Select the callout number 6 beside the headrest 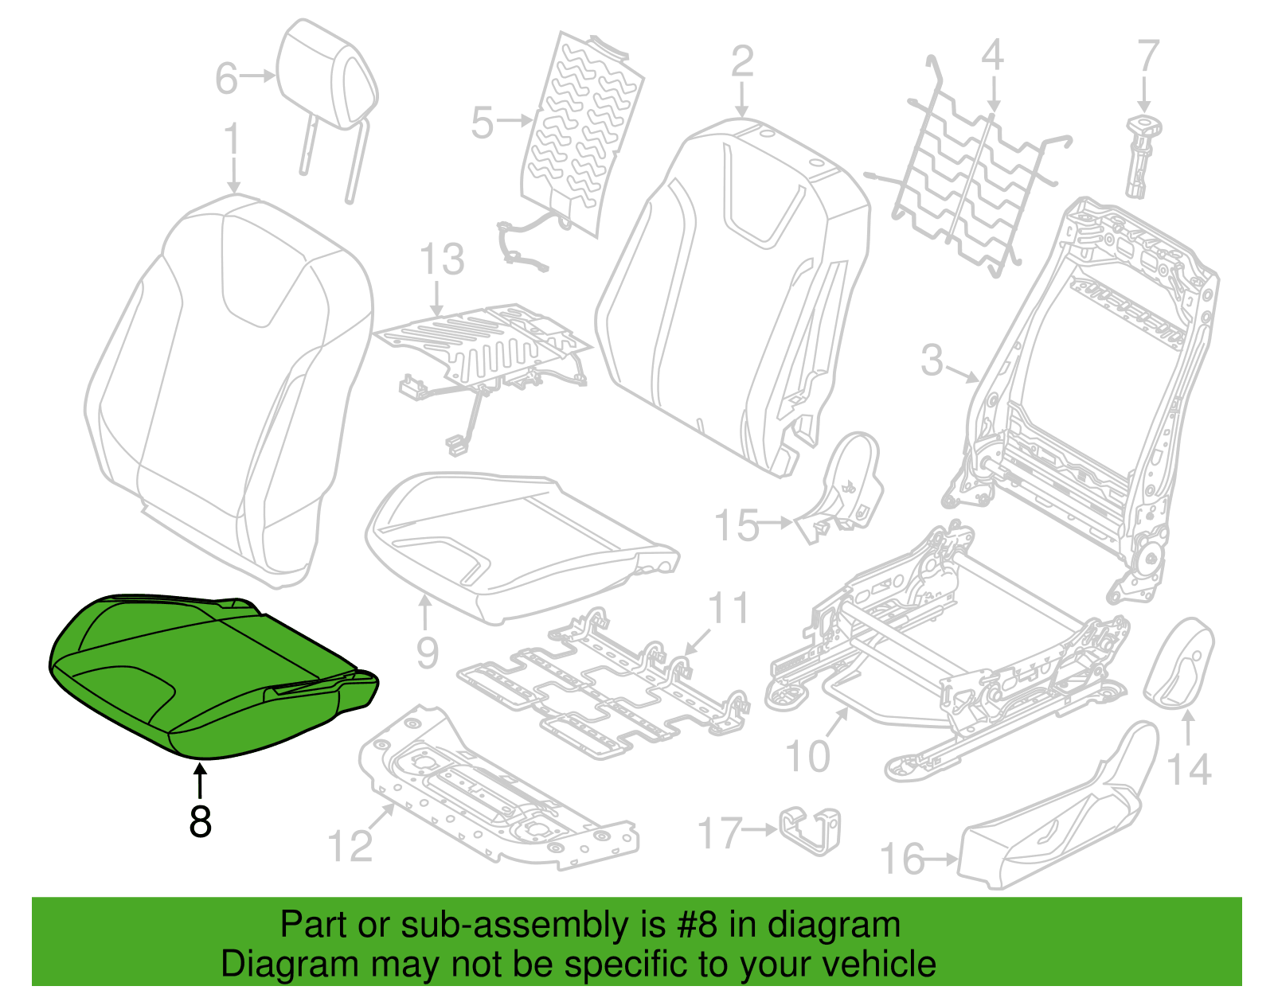[226, 78]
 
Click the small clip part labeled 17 [810, 830]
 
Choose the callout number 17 [719, 832]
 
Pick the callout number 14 [1190, 769]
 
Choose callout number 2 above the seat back [742, 60]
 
